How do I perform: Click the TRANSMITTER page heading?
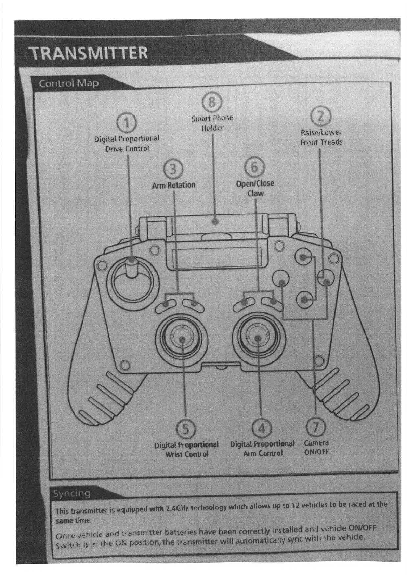pyautogui.click(x=88, y=53)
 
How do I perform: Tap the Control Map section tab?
pyautogui.click(x=68, y=83)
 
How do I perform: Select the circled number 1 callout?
pyautogui.click(x=127, y=123)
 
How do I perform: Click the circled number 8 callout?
pyautogui.click(x=212, y=102)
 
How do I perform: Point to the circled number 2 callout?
pyautogui.click(x=320, y=116)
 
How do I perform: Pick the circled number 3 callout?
pyautogui.click(x=173, y=169)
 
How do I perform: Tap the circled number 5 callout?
pyautogui.click(x=185, y=429)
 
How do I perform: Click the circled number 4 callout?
pyautogui.click(x=262, y=428)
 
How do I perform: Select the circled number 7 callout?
pyautogui.click(x=315, y=427)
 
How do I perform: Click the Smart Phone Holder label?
pyautogui.click(x=212, y=123)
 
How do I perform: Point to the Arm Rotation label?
pyautogui.click(x=173, y=185)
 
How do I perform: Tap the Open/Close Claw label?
pyautogui.click(x=255, y=188)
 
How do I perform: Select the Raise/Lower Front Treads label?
pyautogui.click(x=321, y=137)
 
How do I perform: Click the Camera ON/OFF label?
pyautogui.click(x=316, y=447)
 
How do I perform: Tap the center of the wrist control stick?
pyautogui.click(x=182, y=339)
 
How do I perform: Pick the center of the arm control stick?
pyautogui.click(x=258, y=338)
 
